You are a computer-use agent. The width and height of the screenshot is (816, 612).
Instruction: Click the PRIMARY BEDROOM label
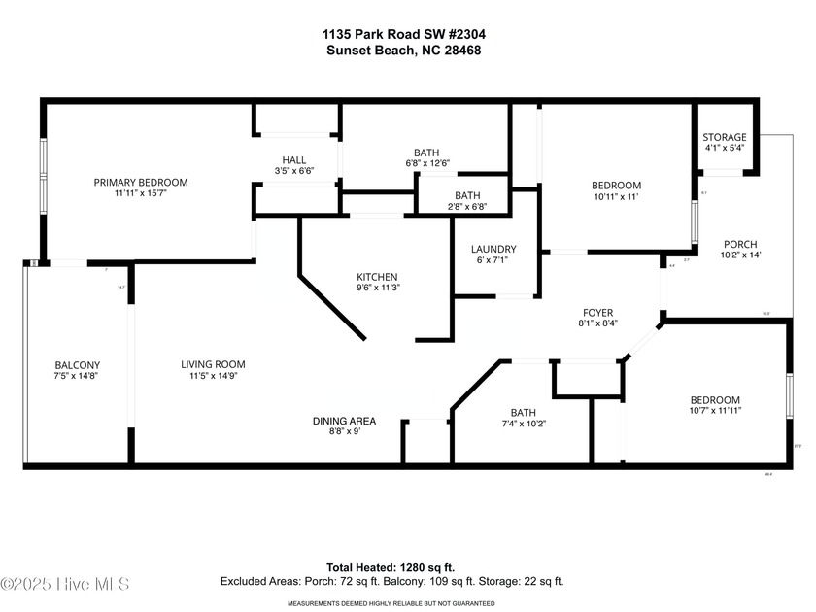141,182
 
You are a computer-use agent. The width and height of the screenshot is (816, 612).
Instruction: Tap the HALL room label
294,160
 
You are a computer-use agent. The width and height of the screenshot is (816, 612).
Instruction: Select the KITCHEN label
377,277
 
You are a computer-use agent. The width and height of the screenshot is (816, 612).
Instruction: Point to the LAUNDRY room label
493,250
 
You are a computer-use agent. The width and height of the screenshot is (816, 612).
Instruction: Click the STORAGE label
725,137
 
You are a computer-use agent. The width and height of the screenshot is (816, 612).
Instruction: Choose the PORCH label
740,244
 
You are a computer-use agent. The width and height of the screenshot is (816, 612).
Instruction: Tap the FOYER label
597,312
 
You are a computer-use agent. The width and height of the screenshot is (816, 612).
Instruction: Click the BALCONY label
77,366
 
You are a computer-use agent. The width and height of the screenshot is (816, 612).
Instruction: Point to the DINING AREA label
344,421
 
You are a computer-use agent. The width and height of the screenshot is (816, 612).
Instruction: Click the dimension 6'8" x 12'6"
426,163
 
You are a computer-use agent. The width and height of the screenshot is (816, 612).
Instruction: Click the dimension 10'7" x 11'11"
715,411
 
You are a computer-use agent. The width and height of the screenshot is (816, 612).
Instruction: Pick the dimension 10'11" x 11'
617,197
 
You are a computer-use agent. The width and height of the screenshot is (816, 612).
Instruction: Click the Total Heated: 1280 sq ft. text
391,567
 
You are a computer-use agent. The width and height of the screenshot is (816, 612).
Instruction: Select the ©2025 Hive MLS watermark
65,584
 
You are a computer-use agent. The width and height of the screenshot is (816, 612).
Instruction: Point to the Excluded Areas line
391,581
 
